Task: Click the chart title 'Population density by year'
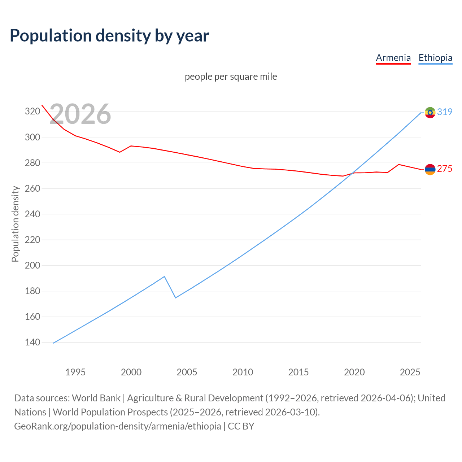(109, 35)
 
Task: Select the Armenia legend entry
(393, 58)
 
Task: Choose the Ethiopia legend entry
(435, 58)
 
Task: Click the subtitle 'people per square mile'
(231, 77)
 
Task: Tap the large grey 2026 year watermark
(80, 114)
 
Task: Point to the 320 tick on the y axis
(32, 111)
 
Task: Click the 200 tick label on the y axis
(32, 265)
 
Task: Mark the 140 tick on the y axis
(32, 342)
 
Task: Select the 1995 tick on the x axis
(75, 372)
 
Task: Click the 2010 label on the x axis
(243, 372)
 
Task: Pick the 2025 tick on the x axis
(410, 372)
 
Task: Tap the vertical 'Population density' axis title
(15, 224)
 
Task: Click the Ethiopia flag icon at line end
(430, 112)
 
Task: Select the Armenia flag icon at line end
(430, 169)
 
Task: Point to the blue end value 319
(445, 112)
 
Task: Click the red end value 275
(445, 169)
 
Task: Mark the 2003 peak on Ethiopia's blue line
(164, 276)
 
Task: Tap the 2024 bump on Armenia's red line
(398, 165)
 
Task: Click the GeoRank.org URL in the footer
(117, 426)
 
